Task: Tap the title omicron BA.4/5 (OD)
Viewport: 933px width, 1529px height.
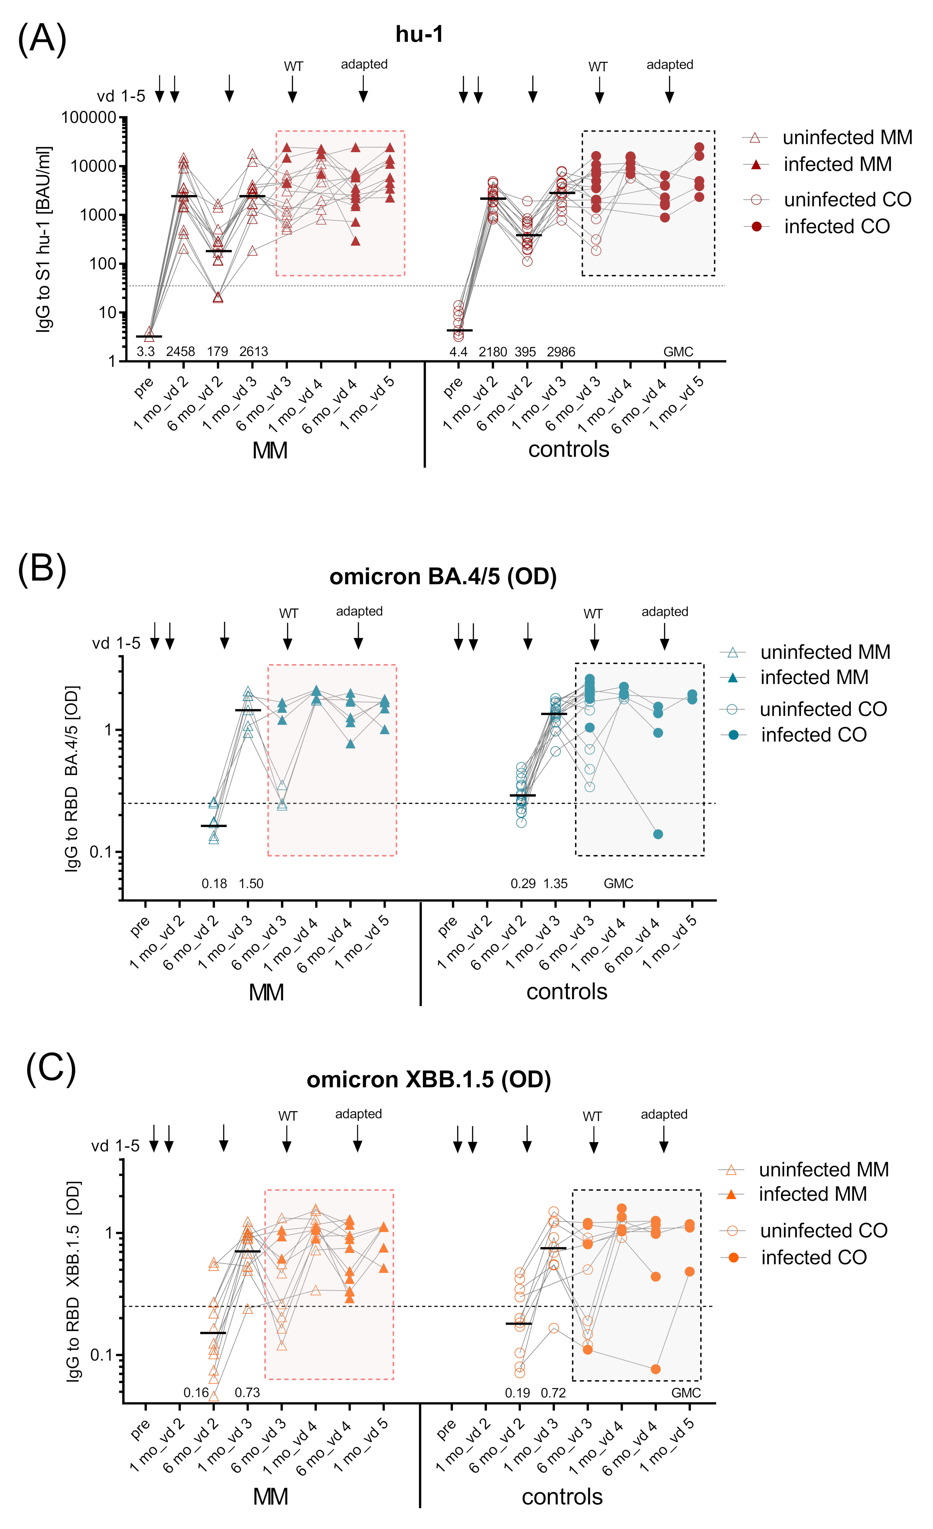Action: tap(443, 577)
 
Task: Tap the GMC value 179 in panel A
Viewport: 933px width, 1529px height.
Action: tap(217, 352)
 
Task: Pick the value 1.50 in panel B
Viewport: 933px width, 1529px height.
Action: tap(251, 884)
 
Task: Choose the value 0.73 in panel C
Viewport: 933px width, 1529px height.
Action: tap(247, 1393)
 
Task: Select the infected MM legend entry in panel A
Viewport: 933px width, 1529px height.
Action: tap(837, 165)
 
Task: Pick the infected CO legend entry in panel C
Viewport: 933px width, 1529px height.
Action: tap(813, 1257)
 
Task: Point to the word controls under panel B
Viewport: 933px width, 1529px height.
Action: tap(567, 992)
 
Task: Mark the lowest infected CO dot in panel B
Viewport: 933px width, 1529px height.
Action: tap(658, 834)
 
